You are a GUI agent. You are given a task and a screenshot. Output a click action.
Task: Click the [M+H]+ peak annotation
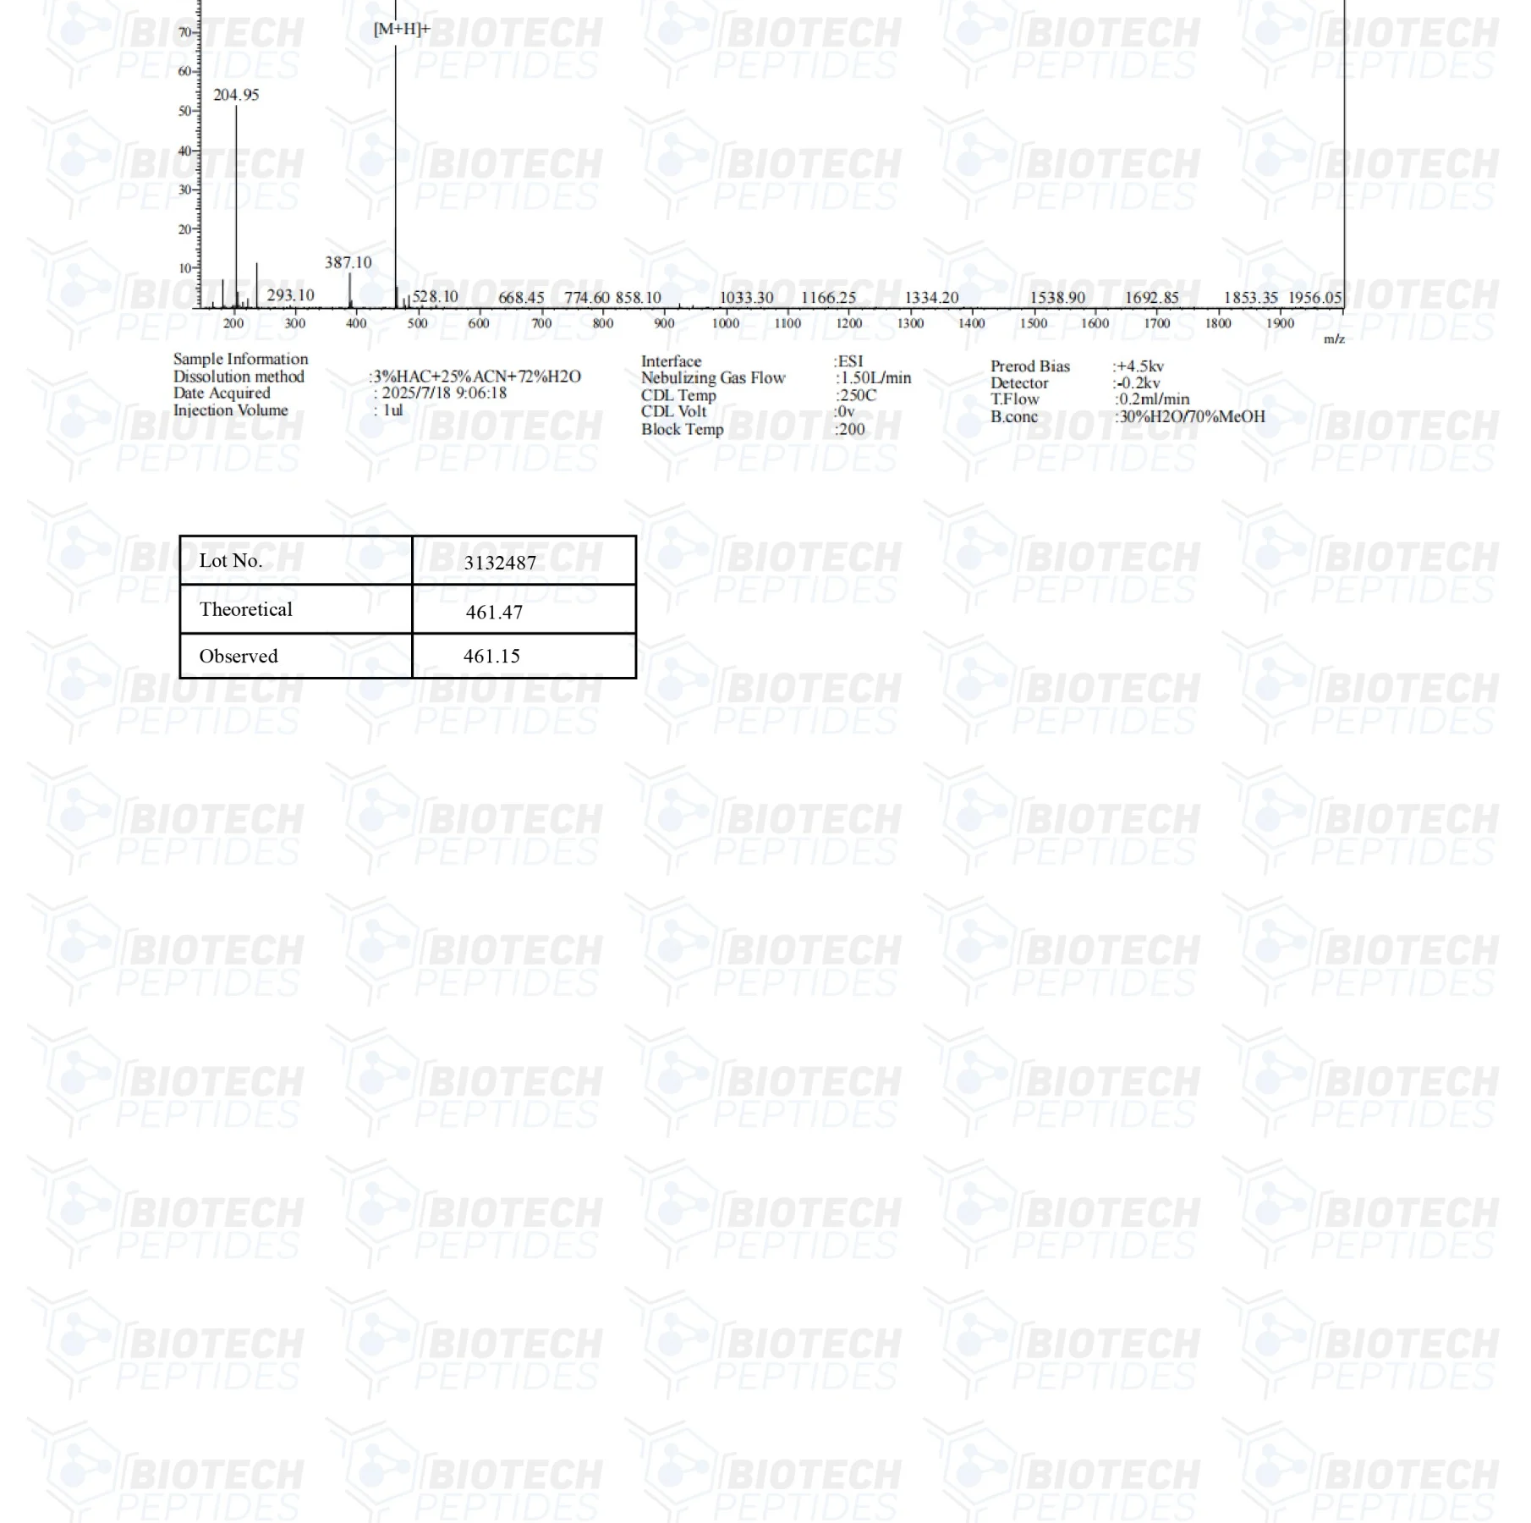click(402, 30)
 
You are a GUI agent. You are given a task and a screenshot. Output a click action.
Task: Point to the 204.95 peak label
click(236, 95)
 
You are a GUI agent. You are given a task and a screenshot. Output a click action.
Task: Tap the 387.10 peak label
click(348, 262)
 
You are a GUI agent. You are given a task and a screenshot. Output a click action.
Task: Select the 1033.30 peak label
click(746, 298)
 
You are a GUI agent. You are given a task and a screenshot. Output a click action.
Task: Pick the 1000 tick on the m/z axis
click(726, 323)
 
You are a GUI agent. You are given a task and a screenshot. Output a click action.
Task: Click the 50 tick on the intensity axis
click(185, 111)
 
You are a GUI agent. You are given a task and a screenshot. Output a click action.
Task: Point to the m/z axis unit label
click(1334, 339)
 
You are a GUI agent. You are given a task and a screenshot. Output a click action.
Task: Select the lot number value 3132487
click(500, 563)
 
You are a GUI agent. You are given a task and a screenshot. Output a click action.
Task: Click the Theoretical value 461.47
click(494, 612)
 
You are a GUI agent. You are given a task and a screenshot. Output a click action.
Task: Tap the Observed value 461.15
click(491, 656)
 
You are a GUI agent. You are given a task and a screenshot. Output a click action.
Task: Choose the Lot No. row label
click(231, 560)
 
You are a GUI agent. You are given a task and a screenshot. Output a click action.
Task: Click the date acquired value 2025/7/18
click(444, 393)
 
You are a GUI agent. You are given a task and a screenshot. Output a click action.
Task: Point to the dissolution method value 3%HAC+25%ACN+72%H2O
click(476, 377)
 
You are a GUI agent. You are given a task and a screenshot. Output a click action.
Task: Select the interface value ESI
click(850, 361)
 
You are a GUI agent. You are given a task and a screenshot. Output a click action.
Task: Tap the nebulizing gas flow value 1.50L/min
click(875, 378)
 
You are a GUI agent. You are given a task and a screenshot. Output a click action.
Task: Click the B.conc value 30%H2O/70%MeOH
click(1191, 416)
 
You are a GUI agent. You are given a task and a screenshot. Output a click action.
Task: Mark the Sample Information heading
click(241, 359)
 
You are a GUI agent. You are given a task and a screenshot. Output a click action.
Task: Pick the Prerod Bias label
click(1030, 366)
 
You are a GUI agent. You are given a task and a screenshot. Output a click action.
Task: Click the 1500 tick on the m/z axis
click(1034, 323)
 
